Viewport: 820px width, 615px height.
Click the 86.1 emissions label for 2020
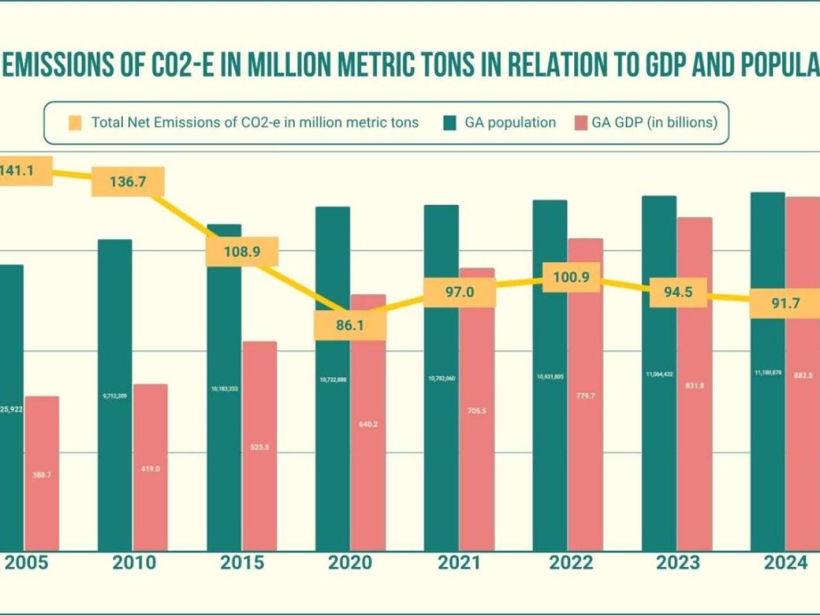pyautogui.click(x=350, y=325)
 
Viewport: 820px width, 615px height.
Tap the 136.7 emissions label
pyautogui.click(x=128, y=182)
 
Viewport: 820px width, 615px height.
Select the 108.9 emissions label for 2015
pyautogui.click(x=242, y=252)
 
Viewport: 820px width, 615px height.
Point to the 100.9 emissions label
pyautogui.click(x=571, y=277)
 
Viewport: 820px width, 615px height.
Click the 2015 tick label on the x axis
pyautogui.click(x=242, y=563)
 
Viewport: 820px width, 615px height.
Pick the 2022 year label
pyautogui.click(x=571, y=563)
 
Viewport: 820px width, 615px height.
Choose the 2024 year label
pyautogui.click(x=785, y=563)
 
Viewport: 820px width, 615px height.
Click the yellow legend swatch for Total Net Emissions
pyautogui.click(x=75, y=123)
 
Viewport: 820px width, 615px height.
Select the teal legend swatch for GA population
pyautogui.click(x=450, y=123)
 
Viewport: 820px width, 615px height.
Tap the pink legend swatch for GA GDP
pyautogui.click(x=580, y=123)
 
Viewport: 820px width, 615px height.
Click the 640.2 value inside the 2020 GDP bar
pyautogui.click(x=368, y=424)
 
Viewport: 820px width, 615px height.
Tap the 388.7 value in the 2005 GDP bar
pyautogui.click(x=42, y=475)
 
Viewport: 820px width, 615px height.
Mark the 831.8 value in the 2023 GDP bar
pyautogui.click(x=694, y=386)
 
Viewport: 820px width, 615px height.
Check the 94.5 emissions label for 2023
pyautogui.click(x=678, y=292)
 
